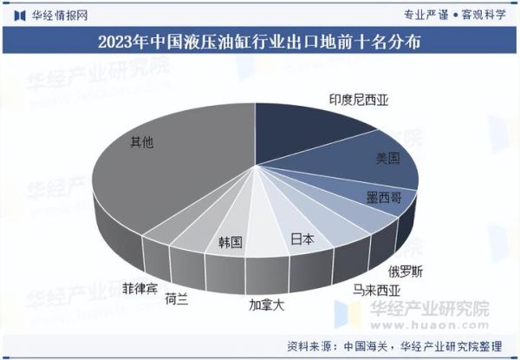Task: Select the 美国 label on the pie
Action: pos(387,158)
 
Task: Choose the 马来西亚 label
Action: pos(374,290)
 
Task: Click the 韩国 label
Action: pos(231,240)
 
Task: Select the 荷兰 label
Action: pos(176,299)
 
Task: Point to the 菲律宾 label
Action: pos(140,286)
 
